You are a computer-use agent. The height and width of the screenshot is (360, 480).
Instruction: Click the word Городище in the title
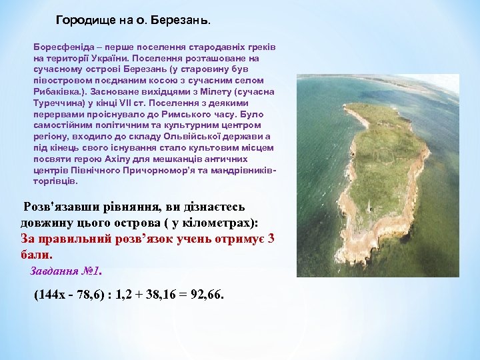(x=81, y=20)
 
